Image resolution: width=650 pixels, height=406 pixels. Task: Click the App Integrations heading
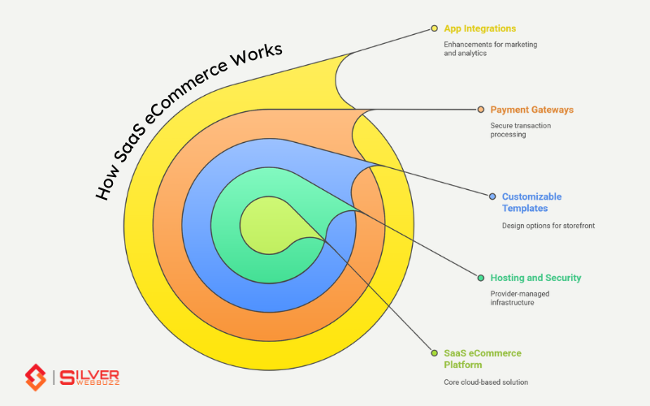(x=479, y=28)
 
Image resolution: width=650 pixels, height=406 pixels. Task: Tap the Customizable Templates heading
(x=531, y=202)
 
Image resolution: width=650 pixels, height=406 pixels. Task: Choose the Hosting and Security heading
(x=535, y=278)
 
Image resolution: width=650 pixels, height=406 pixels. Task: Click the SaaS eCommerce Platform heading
(x=482, y=359)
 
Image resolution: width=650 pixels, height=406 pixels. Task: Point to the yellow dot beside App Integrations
(x=435, y=28)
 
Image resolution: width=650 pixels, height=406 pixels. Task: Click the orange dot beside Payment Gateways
(x=481, y=109)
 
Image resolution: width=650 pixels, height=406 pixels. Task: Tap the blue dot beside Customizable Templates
(x=492, y=197)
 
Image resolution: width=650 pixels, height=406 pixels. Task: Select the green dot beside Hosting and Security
(x=481, y=278)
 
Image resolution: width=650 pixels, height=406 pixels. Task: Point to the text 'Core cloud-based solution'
(x=485, y=382)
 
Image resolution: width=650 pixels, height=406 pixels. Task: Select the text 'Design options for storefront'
(x=548, y=225)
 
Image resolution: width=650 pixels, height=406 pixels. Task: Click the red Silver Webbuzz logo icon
(x=35, y=377)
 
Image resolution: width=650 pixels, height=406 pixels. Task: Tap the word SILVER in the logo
(x=97, y=372)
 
